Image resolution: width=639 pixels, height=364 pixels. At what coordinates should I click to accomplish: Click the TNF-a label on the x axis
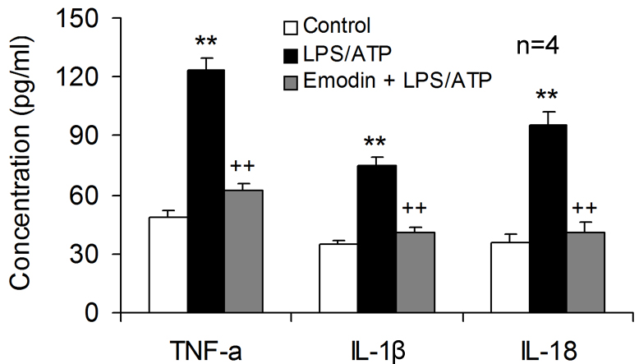pos(208,346)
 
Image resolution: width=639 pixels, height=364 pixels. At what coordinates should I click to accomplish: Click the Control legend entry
pos(324,25)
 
